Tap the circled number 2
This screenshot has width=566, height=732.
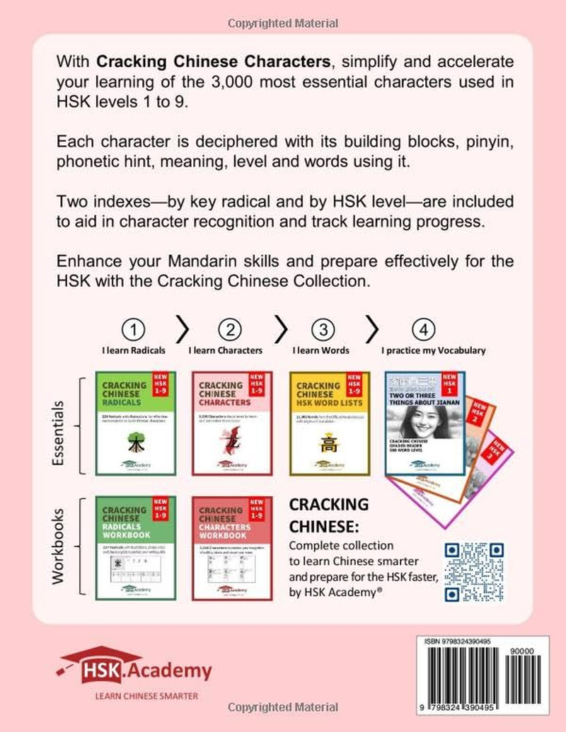pyautogui.click(x=231, y=330)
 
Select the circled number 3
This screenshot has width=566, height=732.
pyautogui.click(x=324, y=330)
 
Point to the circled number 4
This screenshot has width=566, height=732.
pyautogui.click(x=424, y=330)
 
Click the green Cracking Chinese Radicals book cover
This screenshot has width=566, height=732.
pyautogui.click(x=137, y=423)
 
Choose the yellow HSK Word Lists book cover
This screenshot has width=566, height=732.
pyautogui.click(x=330, y=423)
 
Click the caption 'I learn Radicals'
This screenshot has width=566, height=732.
pyautogui.click(x=134, y=350)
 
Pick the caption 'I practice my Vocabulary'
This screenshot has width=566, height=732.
pyautogui.click(x=434, y=350)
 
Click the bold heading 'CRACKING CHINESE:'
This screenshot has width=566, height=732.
pyautogui.click(x=329, y=516)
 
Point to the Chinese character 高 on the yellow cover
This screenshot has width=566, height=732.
pyautogui.click(x=329, y=443)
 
